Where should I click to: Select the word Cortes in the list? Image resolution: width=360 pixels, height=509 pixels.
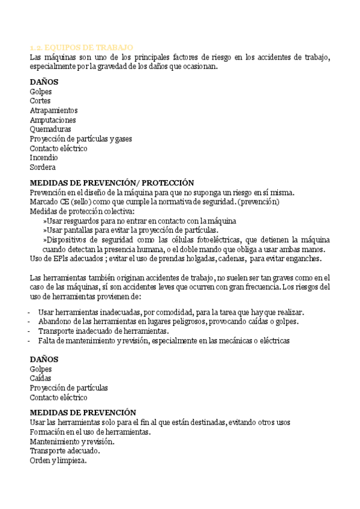[40, 101]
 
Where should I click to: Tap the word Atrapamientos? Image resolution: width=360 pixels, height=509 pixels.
[53, 110]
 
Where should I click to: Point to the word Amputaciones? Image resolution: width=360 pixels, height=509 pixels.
[53, 120]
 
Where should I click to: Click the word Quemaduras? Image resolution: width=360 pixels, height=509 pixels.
[50, 129]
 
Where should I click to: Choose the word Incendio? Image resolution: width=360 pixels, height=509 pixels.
[44, 157]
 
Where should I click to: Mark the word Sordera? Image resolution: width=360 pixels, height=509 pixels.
[43, 167]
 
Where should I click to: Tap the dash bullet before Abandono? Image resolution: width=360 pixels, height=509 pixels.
[30, 322]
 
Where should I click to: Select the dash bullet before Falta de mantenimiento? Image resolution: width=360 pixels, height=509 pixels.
[30, 341]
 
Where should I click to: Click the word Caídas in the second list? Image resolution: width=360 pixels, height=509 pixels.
[41, 378]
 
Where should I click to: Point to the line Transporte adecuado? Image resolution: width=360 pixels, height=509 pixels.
[65, 451]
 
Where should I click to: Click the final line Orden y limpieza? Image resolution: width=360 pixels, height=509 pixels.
[58, 460]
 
